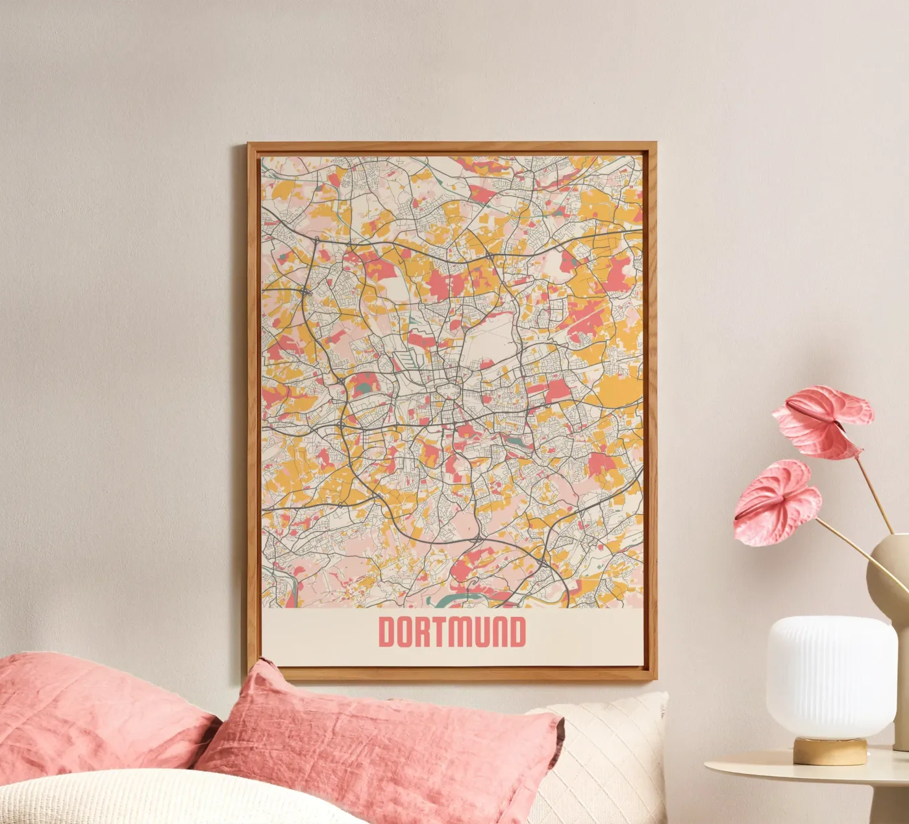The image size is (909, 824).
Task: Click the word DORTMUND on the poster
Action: click(452, 632)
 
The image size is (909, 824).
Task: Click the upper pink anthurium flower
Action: click(821, 421)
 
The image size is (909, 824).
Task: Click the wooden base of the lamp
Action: click(830, 751)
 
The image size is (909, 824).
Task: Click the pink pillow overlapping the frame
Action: click(383, 734)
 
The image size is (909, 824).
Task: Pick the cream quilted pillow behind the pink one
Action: click(610, 747)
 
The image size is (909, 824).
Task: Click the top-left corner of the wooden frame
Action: click(249, 145)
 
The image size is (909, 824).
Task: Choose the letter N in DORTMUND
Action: click(497, 632)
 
